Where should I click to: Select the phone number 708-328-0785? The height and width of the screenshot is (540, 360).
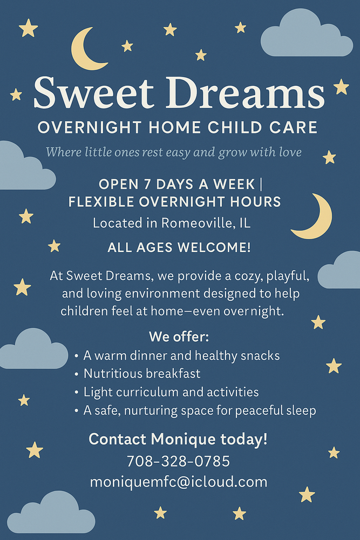click(x=178, y=462)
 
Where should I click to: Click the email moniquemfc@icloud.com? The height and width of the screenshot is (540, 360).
click(x=179, y=481)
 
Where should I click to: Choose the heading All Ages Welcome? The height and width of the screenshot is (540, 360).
click(x=179, y=248)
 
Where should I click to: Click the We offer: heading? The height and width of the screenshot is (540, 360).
click(x=179, y=337)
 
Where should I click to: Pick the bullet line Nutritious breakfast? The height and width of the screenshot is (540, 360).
click(x=142, y=374)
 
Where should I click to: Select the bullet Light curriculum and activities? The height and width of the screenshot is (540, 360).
click(x=171, y=392)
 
